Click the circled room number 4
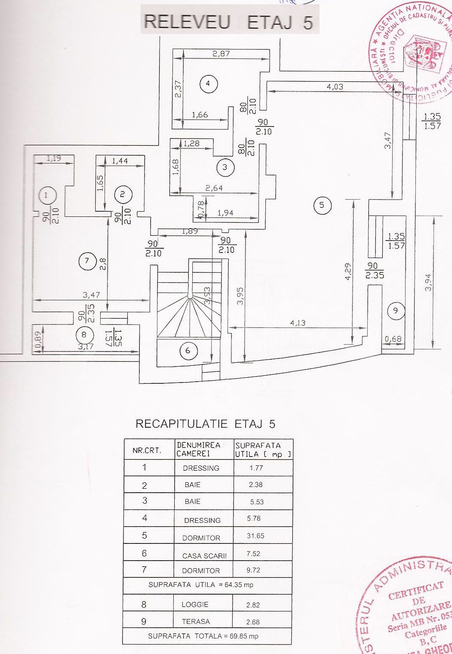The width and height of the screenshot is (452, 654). tap(208, 83)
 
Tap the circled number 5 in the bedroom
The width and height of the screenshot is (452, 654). tap(322, 205)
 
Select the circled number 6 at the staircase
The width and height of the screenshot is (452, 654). tap(188, 351)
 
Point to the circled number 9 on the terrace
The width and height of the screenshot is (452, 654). tap(396, 310)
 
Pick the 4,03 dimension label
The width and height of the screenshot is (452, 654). tap(335, 86)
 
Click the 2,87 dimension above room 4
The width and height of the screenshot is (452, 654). tap(221, 54)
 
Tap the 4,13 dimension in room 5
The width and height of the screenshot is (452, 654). tap(298, 323)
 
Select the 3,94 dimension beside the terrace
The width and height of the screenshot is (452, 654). tap(427, 282)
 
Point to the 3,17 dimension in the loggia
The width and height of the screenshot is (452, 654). tap(86, 346)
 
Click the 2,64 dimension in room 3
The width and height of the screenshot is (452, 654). tap(214, 188)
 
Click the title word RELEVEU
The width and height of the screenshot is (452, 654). tap(187, 22)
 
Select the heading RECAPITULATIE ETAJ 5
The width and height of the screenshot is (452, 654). tap(205, 424)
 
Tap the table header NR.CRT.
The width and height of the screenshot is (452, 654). tap(147, 450)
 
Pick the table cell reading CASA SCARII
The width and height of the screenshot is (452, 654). tap(204, 555)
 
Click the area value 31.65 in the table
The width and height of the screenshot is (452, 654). tap(255, 536)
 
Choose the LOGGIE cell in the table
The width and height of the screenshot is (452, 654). tap(194, 605)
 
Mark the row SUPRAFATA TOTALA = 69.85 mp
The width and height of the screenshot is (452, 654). tap(203, 636)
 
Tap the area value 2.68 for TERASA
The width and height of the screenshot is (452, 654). tap(253, 622)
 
